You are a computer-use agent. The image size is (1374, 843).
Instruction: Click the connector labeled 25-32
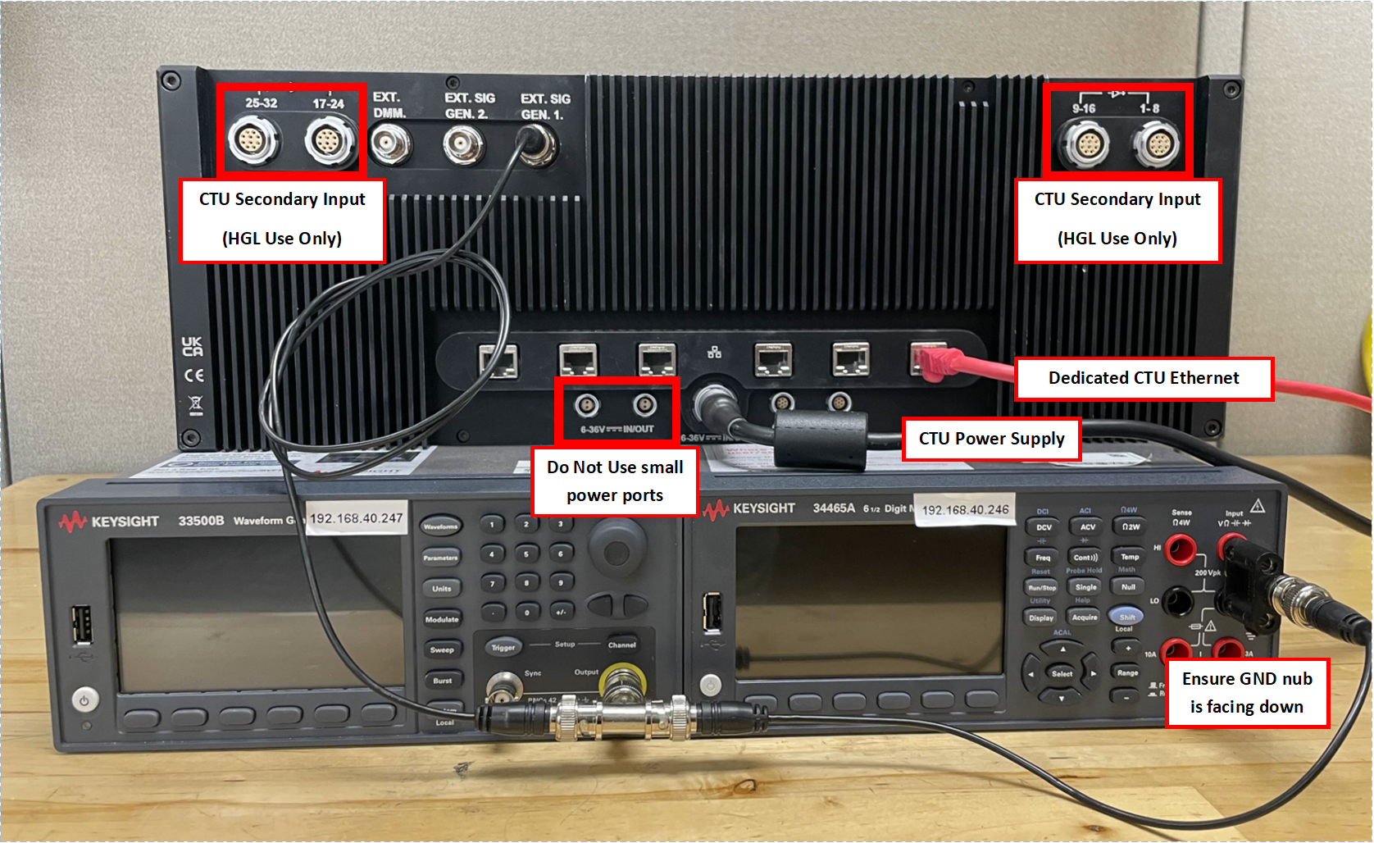pos(253,141)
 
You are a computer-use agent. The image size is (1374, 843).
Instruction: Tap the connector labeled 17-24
pos(330,141)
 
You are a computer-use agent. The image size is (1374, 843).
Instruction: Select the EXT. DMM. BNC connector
pos(390,145)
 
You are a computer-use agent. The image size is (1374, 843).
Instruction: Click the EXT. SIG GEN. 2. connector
pos(463,146)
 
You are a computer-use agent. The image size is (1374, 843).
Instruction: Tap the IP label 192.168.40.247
pos(356,518)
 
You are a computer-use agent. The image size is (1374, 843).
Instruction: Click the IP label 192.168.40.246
pos(965,510)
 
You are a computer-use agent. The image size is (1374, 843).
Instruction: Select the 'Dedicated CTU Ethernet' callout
pos(1144,378)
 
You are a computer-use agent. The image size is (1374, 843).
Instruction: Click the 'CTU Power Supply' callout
pos(991,439)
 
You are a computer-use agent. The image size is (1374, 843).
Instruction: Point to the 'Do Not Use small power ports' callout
pos(615,481)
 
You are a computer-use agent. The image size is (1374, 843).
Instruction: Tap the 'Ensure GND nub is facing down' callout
pos(1246,693)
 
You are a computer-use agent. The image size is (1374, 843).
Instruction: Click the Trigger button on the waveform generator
pos(503,647)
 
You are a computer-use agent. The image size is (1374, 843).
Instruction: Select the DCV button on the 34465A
pos(1044,527)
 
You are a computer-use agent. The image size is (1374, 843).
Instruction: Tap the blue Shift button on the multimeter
pos(1127,617)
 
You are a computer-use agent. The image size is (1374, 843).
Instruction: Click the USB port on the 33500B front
pos(81,625)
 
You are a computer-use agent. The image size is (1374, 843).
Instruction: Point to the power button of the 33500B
pos(84,699)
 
